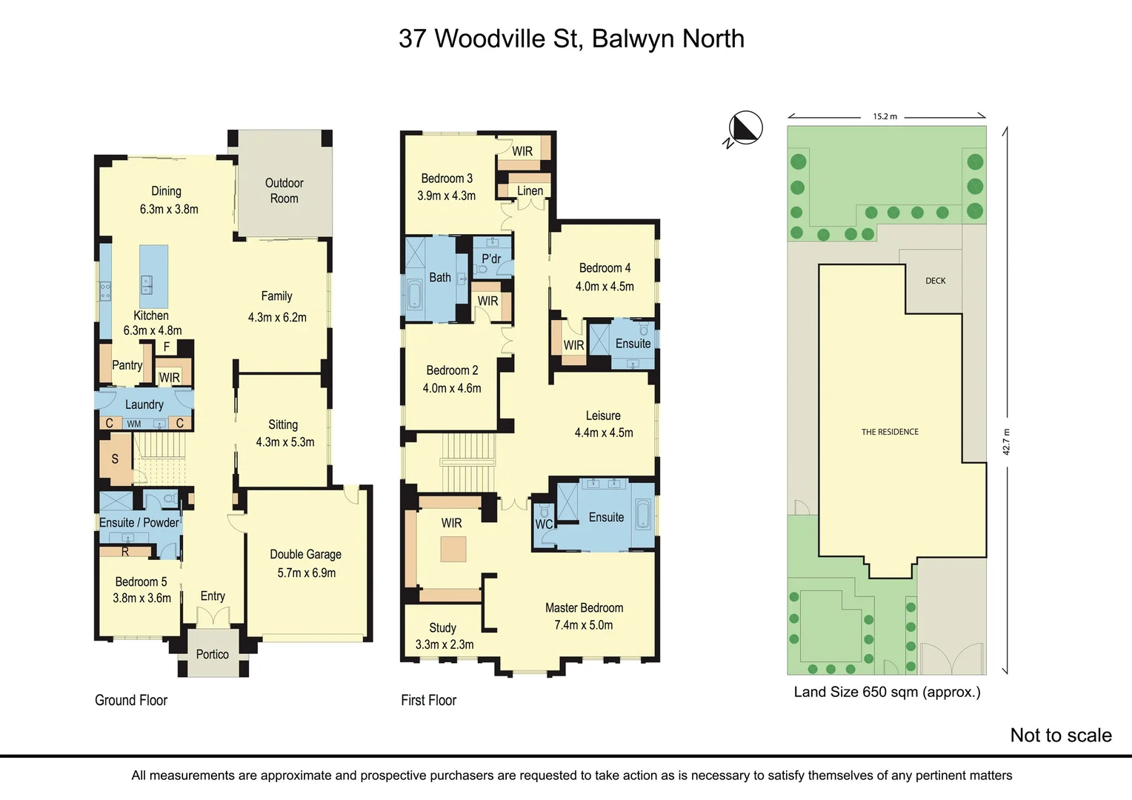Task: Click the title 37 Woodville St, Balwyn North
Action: pos(571,39)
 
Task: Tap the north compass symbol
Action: pos(745,128)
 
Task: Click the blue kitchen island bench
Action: pos(154,276)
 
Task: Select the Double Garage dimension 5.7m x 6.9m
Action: pos(307,573)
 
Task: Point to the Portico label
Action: pos(212,654)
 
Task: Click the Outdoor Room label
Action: pos(284,190)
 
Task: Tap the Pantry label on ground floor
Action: pos(127,365)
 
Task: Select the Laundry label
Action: pos(144,404)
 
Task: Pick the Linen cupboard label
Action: pos(530,190)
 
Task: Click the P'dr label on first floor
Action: pos(491,259)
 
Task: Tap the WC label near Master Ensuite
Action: pos(544,524)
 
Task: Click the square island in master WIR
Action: pos(453,550)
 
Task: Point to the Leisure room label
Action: pos(603,416)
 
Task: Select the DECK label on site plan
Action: pos(935,281)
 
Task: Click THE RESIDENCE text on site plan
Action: pos(890,432)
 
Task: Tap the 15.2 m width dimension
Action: pos(885,116)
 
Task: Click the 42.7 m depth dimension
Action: pos(1006,441)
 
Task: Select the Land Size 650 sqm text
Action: pos(887,692)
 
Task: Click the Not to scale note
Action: pos(1060,735)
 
